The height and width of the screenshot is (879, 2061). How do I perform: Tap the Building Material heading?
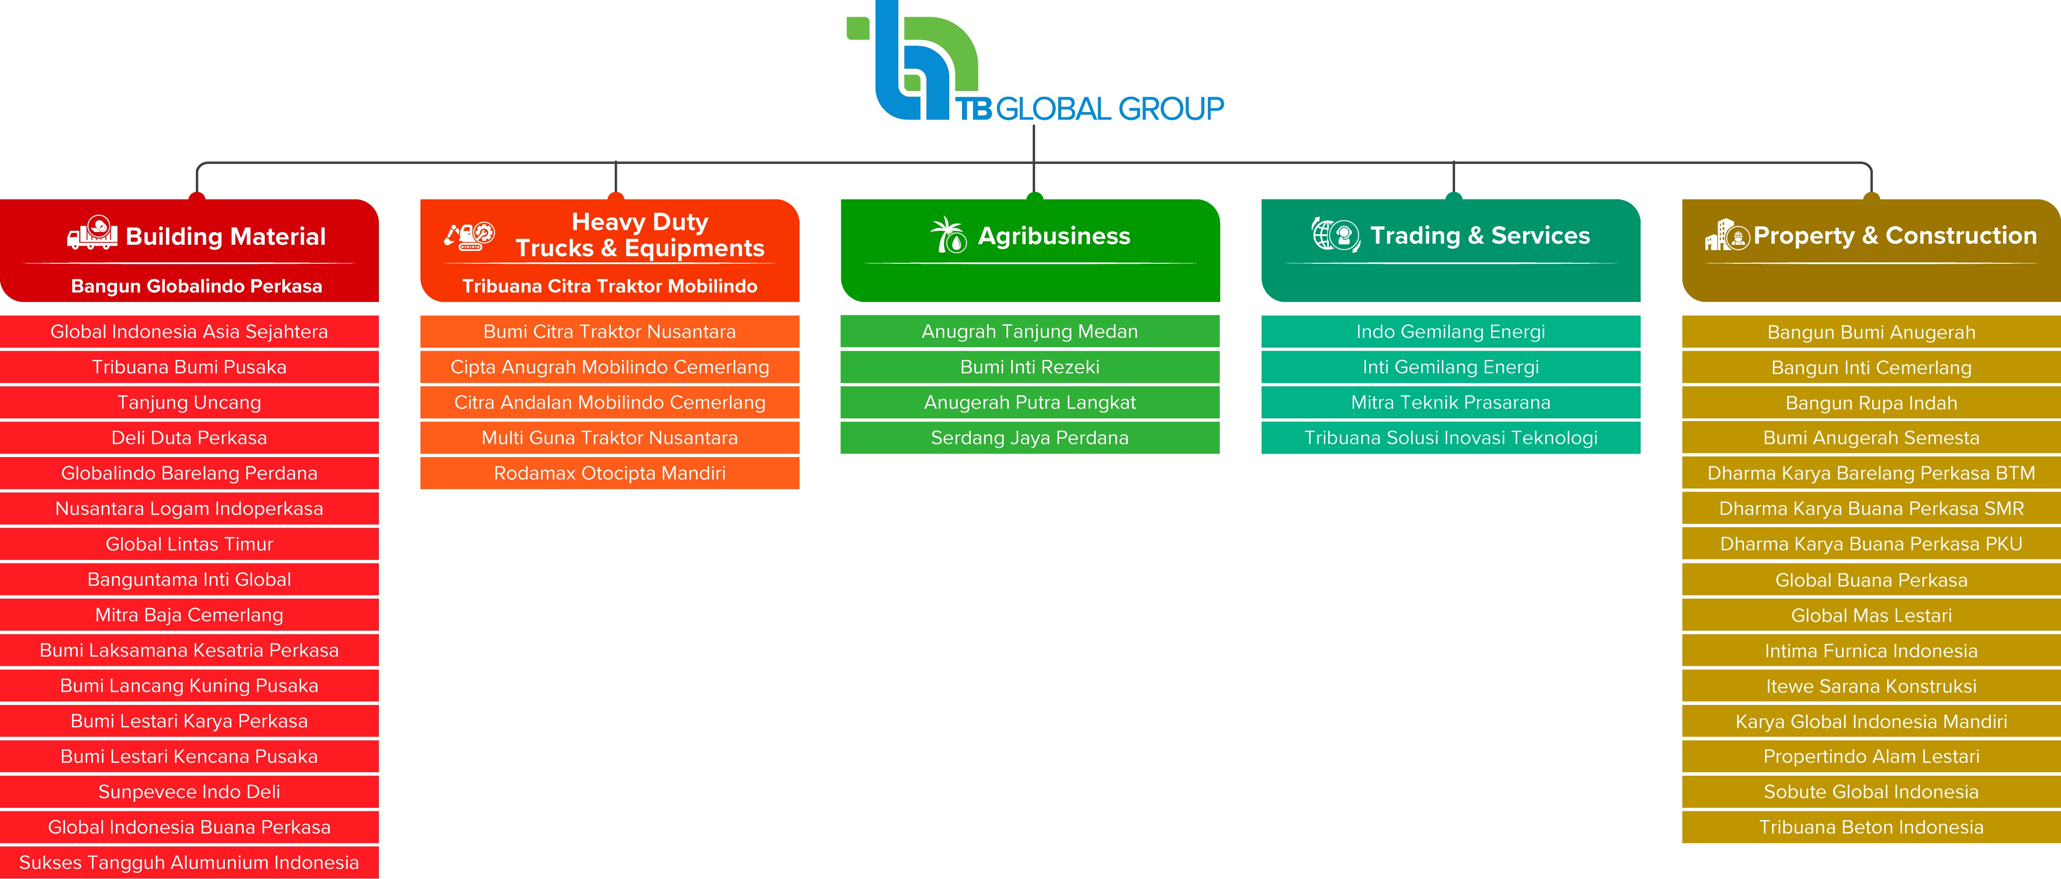pos(226,236)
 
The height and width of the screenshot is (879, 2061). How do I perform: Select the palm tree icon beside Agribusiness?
pos(948,236)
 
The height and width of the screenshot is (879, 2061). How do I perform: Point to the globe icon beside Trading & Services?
pos(1334,235)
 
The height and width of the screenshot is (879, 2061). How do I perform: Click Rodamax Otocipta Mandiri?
pos(610,473)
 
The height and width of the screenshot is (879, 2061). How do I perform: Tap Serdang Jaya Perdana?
pos(1030,438)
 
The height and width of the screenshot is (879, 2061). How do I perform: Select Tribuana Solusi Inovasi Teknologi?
pos(1451,438)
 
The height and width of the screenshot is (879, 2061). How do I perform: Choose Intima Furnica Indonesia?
pos(1870,651)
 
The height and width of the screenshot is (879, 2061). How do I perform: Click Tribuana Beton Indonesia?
pos(1870,827)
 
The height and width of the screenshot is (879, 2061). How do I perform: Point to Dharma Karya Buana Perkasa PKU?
pos(1870,545)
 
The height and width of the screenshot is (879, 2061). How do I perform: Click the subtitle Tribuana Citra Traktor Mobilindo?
pos(610,286)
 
